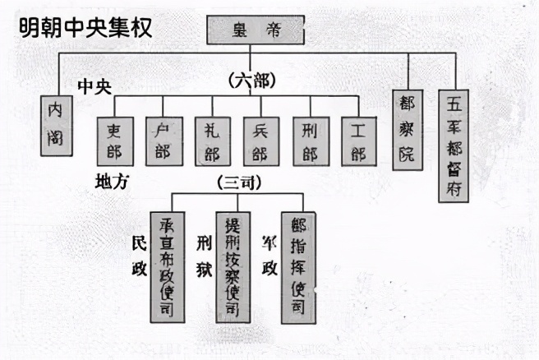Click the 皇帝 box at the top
255,30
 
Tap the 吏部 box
114,141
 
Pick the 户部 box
163,141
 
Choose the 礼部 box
212,141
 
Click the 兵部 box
260,141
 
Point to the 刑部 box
311,141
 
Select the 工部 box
358,141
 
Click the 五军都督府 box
454,145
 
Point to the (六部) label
251,81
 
